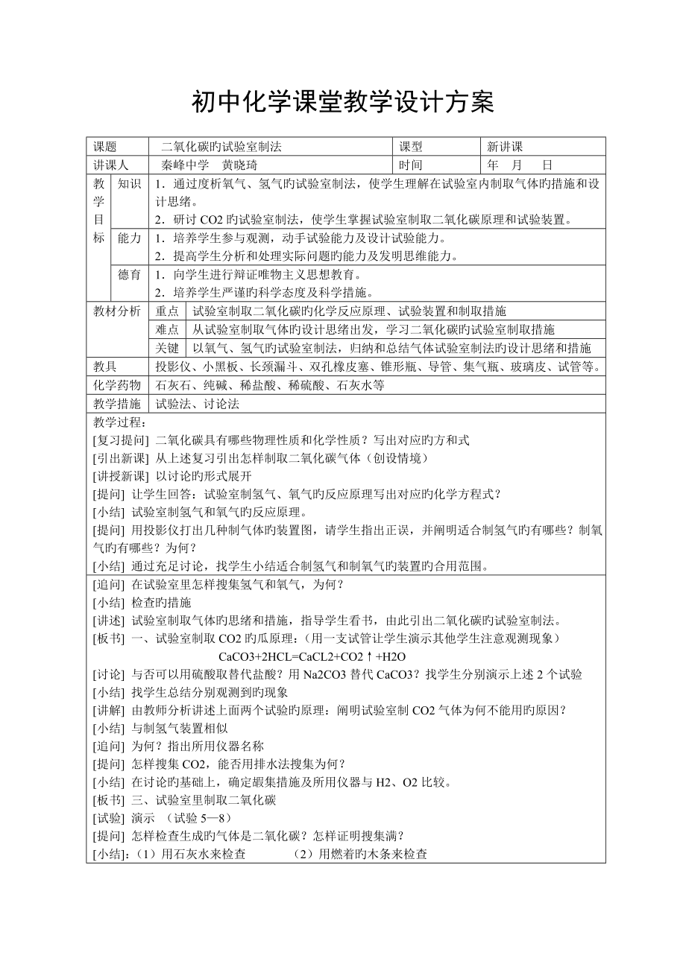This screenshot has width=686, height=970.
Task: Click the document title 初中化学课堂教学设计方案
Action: click(343, 102)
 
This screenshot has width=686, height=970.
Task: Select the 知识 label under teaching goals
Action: click(130, 183)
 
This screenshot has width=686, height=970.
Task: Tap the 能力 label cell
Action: click(130, 238)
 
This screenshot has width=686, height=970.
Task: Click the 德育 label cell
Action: click(130, 275)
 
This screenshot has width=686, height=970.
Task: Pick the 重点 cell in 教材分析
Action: click(167, 311)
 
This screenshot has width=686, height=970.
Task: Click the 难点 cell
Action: click(167, 330)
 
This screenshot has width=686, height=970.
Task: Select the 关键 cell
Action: click(167, 348)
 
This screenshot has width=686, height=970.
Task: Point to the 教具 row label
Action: click(105, 367)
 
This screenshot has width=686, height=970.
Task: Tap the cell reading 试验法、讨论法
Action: click(198, 404)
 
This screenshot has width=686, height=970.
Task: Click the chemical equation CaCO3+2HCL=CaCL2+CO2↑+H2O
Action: click(312, 656)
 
